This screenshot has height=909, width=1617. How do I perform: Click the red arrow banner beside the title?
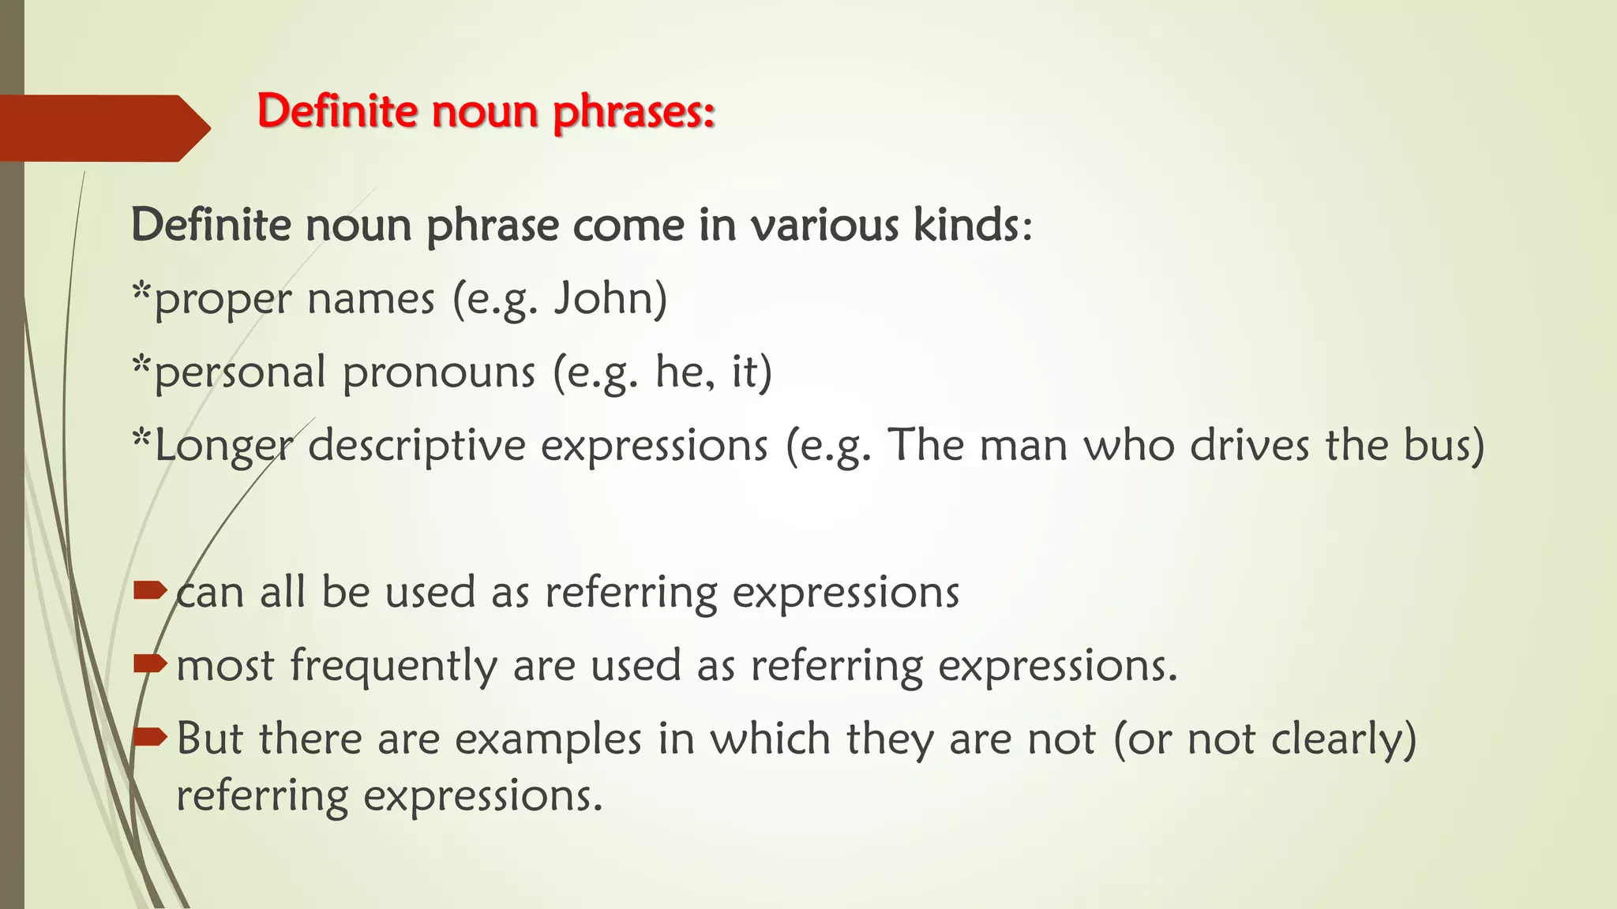(x=103, y=128)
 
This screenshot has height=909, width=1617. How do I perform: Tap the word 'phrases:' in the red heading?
(x=633, y=112)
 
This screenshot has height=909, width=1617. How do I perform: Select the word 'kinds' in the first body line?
(x=966, y=225)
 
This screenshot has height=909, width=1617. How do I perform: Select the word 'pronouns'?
(x=439, y=373)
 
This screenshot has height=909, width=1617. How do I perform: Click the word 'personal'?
(x=240, y=373)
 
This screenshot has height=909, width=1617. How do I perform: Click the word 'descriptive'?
(x=417, y=447)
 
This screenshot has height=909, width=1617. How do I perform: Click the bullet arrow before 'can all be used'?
(x=150, y=590)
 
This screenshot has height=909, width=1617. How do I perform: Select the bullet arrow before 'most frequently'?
(x=150, y=664)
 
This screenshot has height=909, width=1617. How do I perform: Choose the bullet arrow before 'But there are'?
(x=150, y=738)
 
